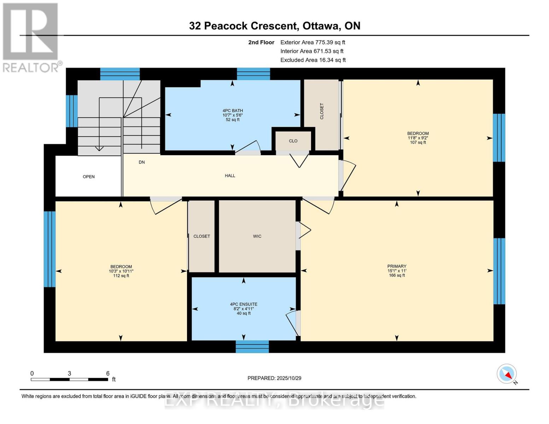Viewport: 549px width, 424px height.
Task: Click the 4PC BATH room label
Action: tap(233, 111)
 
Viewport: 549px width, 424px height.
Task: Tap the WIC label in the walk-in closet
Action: tap(257, 236)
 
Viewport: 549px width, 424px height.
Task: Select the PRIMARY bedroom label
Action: tap(397, 266)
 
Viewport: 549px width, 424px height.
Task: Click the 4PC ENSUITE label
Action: tap(244, 304)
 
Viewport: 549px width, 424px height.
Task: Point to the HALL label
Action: tap(230, 176)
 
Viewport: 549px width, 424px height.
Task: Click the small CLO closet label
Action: tap(293, 141)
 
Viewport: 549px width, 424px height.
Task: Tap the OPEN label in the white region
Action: tap(89, 177)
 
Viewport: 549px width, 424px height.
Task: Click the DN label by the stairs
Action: tap(142, 162)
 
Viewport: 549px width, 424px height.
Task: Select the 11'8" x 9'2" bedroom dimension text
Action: tap(418, 138)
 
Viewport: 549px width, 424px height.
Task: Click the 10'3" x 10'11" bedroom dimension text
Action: tap(121, 271)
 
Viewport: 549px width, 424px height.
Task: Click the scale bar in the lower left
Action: tap(69, 379)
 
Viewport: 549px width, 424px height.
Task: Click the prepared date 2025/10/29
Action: tap(274, 378)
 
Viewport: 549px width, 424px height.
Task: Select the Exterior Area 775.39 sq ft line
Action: tap(313, 42)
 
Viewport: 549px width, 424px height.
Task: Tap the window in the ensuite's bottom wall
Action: tap(252, 347)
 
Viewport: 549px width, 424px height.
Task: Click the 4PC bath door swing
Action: tap(250, 148)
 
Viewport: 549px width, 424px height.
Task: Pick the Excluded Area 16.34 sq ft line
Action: tap(313, 60)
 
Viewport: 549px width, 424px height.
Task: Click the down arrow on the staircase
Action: tap(99, 148)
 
